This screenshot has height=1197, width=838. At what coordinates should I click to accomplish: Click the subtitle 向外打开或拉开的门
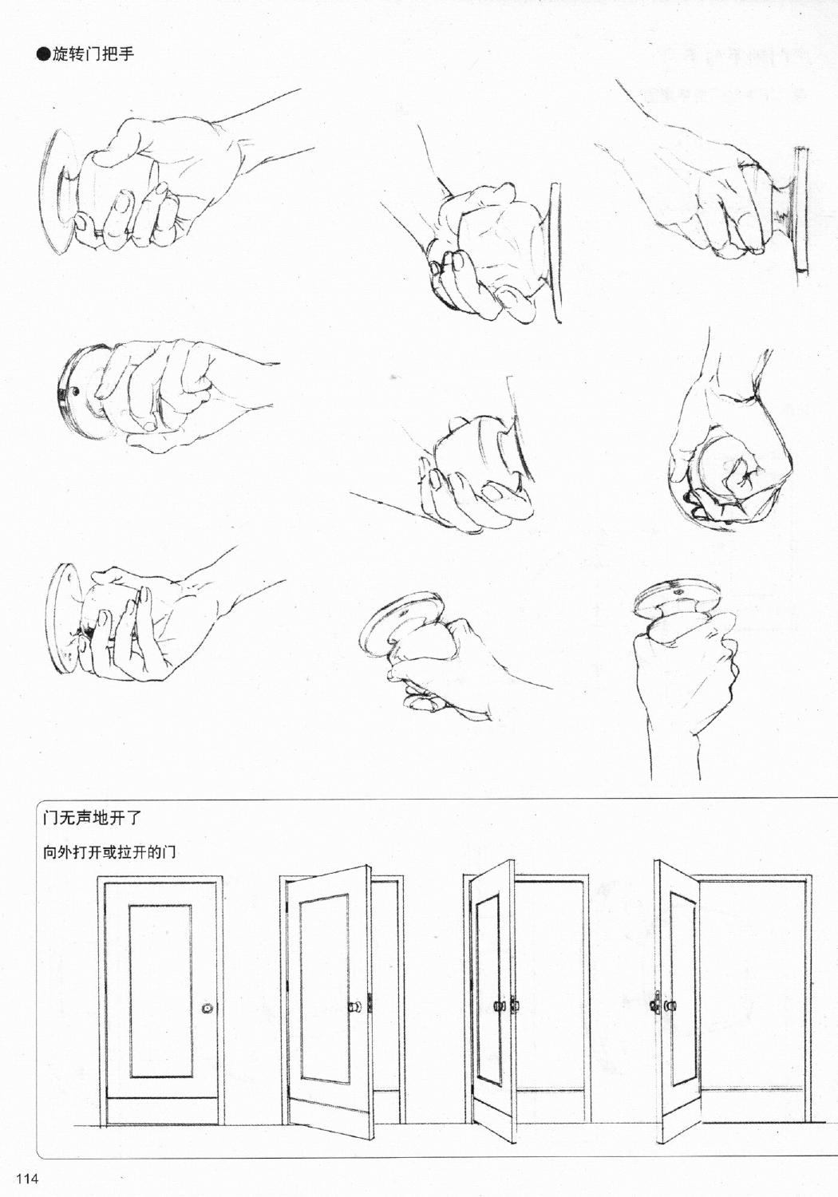(109, 852)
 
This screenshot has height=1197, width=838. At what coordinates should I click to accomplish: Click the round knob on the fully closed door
(208, 1009)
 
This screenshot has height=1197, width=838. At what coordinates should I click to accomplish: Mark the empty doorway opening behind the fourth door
(754, 982)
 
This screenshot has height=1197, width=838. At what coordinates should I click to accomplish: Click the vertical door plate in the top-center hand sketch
(554, 251)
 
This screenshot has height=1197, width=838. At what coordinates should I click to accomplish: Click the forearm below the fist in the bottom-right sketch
(674, 750)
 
